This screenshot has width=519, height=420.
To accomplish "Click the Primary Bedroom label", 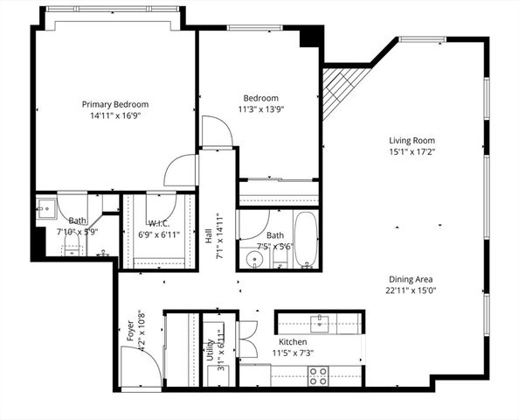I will [114, 104].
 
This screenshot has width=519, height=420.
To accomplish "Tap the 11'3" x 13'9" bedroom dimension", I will [261, 109].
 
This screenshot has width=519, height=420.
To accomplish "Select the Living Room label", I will [412, 140].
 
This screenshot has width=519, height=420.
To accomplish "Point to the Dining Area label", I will [411, 279].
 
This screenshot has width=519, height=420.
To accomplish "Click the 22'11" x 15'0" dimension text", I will [411, 291].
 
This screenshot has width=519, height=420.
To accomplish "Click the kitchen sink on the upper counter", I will [321, 323].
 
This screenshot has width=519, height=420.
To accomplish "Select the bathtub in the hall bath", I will [306, 239].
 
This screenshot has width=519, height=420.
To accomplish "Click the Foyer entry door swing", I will [147, 367].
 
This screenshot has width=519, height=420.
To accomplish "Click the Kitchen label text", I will [292, 341].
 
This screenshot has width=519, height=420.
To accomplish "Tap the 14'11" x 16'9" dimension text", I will [114, 115].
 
